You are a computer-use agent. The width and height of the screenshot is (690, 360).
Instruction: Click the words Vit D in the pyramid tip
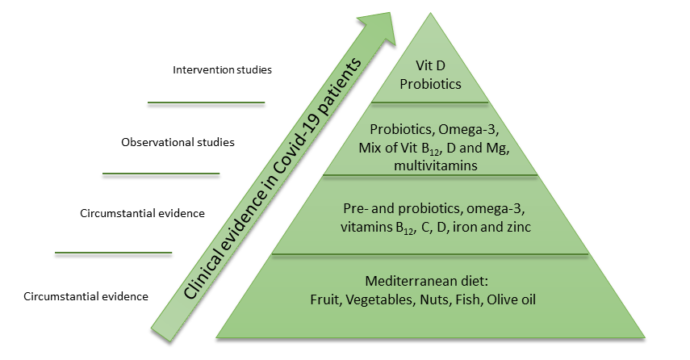(x=430, y=65)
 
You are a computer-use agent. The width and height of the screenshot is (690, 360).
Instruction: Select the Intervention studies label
(x=222, y=69)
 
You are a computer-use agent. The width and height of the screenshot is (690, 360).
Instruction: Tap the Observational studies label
(x=178, y=142)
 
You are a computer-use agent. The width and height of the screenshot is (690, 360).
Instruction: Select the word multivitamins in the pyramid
(x=436, y=166)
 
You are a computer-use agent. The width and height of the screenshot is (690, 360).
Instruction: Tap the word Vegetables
(x=380, y=299)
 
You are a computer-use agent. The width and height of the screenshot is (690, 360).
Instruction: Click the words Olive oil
(x=512, y=299)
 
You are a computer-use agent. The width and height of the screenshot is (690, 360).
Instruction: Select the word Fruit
(x=326, y=299)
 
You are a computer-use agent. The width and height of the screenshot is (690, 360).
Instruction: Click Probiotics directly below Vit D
(x=430, y=84)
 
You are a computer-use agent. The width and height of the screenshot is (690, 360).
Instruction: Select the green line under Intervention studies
(x=206, y=103)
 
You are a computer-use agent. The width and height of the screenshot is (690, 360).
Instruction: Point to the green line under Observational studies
(x=161, y=174)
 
